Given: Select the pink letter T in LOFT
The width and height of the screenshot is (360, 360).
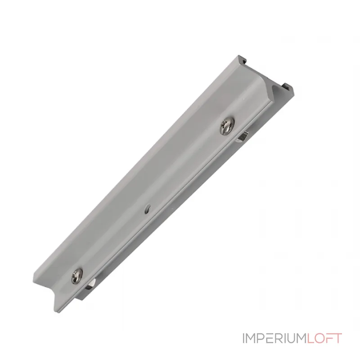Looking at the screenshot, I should click(x=338, y=338).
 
